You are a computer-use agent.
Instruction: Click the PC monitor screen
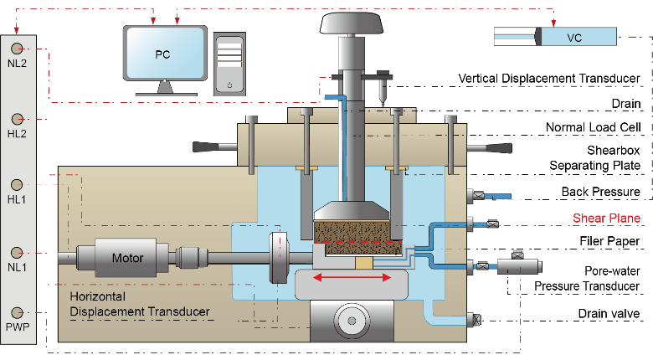(x=166, y=54)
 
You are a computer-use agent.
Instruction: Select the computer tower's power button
(x=229, y=85)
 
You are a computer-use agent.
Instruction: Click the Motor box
(x=128, y=258)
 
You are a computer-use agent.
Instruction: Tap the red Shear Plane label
(x=606, y=219)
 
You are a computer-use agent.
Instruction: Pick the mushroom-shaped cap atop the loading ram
(x=352, y=23)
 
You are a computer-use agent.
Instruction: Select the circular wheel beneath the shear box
(x=352, y=320)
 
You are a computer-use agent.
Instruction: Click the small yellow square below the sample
(x=365, y=263)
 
